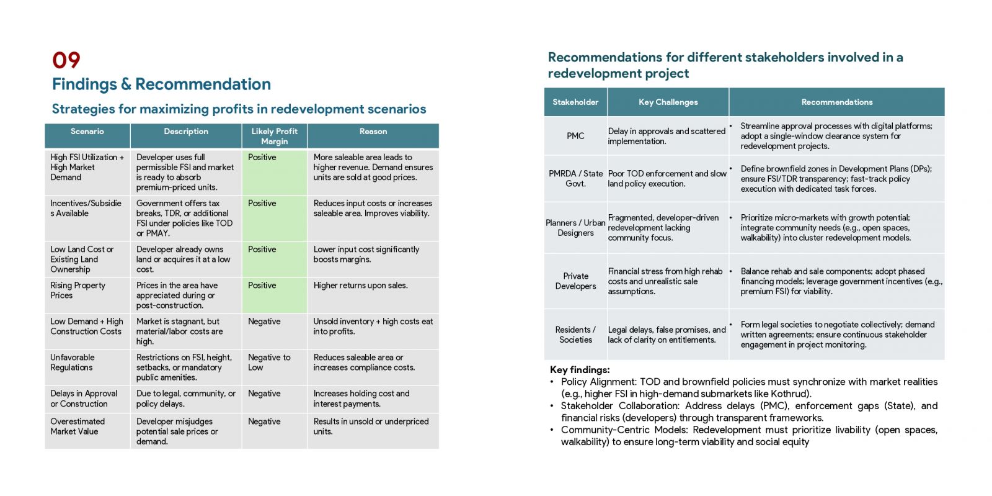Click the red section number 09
66,60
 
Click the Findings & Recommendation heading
161,84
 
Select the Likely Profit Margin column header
275,136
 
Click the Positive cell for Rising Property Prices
275,295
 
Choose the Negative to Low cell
275,367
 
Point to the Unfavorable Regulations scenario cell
87,367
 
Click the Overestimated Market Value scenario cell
87,431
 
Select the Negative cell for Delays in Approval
275,399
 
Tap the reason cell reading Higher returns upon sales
373,295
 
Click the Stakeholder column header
575,102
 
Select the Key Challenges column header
668,102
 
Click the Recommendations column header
837,102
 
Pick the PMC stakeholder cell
575,136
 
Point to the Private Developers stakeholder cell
575,281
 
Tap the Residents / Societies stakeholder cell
575,335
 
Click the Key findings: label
580,370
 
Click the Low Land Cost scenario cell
87,259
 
